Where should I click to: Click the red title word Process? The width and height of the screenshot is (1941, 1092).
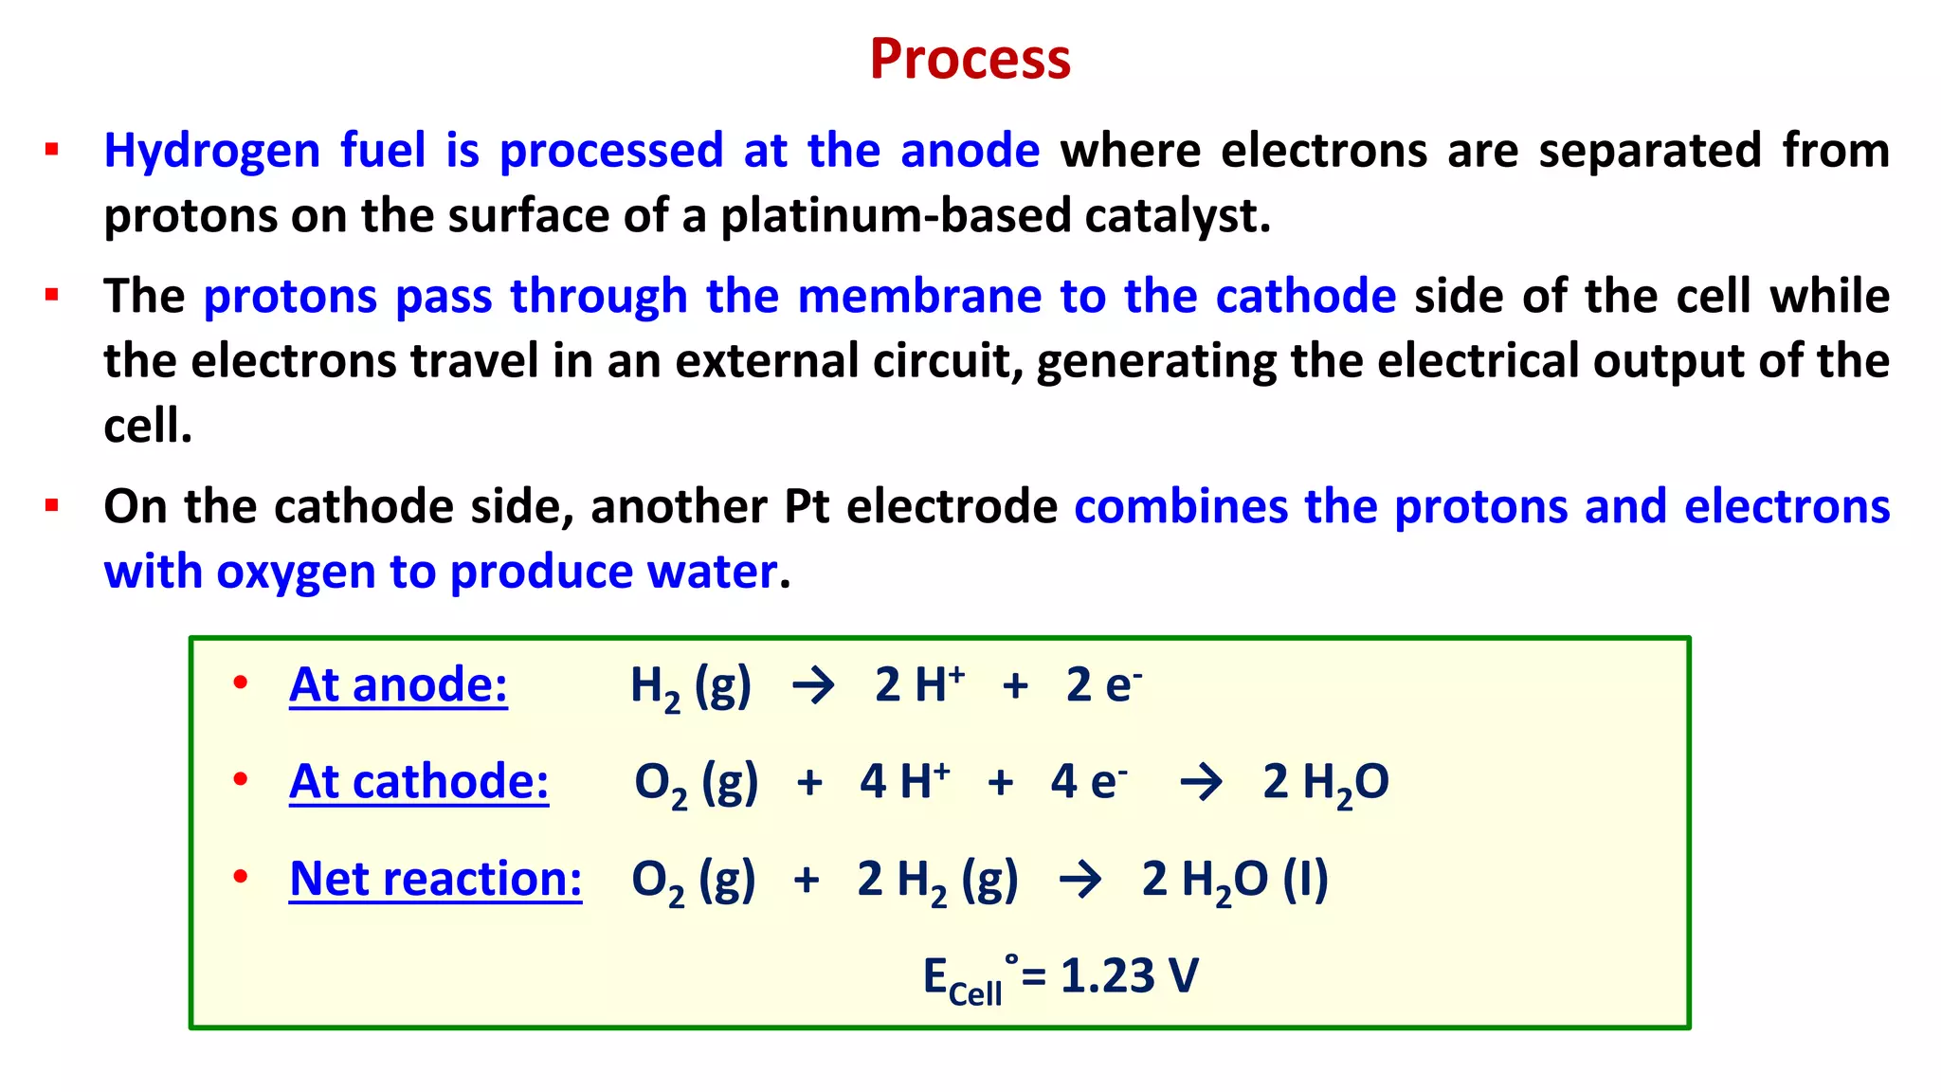click(970, 59)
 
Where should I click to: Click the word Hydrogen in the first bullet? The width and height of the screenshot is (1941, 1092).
click(211, 152)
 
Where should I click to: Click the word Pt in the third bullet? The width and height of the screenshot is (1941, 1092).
click(807, 507)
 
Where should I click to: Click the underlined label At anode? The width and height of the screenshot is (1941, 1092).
click(398, 684)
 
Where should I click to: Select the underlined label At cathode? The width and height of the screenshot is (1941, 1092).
click(419, 782)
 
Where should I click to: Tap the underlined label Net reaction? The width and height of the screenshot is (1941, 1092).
click(436, 879)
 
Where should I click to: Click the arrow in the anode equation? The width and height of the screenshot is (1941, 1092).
click(813, 685)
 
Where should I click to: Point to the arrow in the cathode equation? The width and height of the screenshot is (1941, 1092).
click(1201, 783)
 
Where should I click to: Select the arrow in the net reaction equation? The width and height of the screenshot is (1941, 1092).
click(1080, 880)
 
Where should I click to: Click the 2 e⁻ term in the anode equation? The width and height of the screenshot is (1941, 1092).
click(1103, 684)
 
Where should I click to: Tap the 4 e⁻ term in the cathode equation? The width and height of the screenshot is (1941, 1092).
click(1088, 782)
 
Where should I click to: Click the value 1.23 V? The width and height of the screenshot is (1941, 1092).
click(1129, 976)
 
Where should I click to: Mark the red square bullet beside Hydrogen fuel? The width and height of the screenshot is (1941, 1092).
click(52, 150)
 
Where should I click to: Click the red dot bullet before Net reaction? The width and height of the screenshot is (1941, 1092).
click(241, 876)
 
